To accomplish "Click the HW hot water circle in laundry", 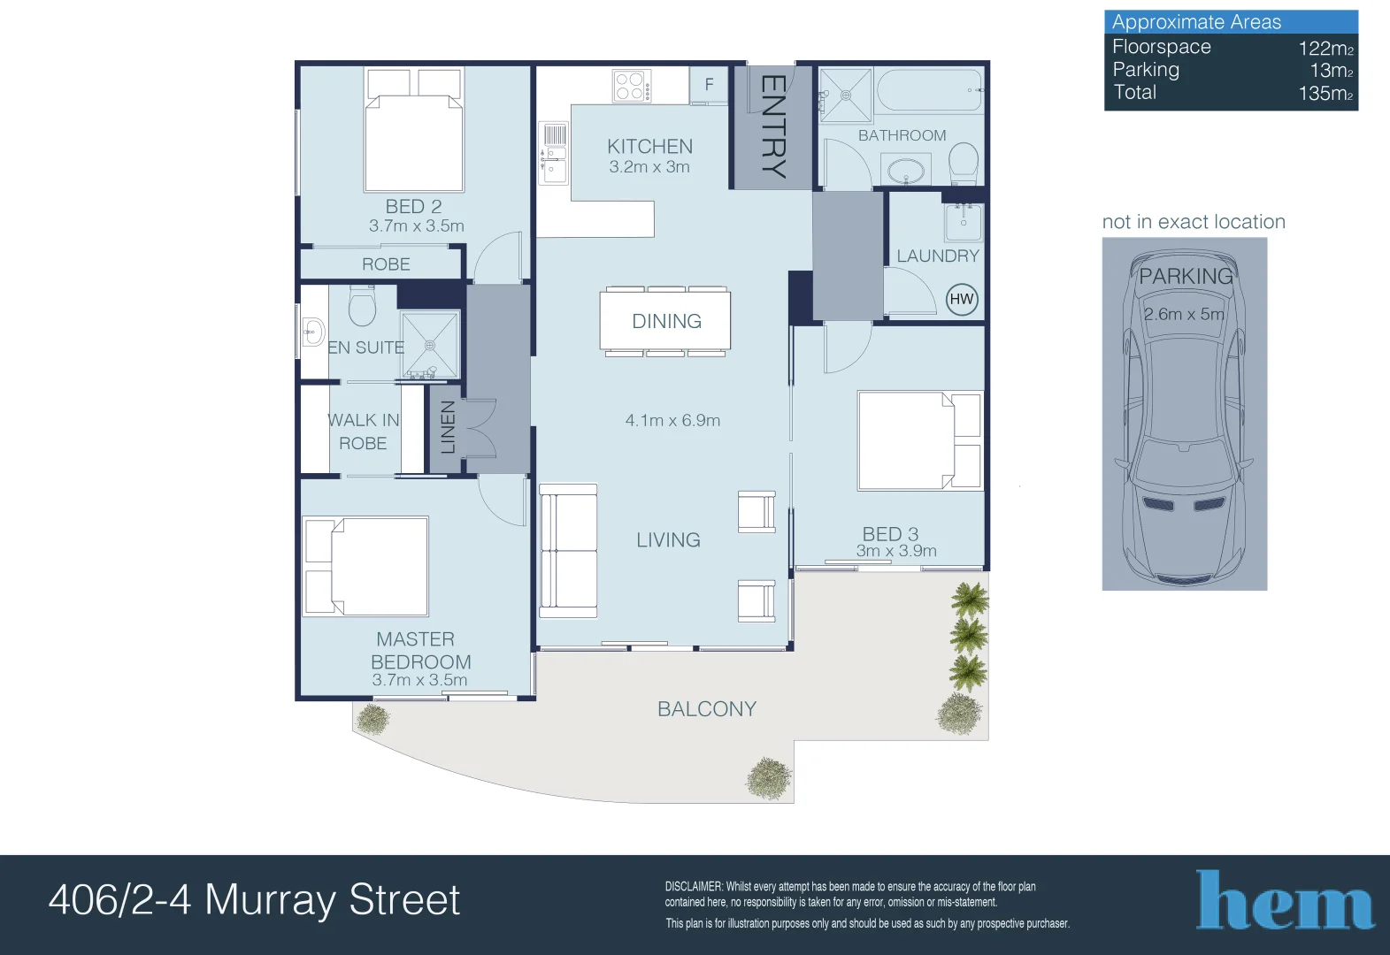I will click(961, 299).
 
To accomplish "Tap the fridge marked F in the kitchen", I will click(708, 85).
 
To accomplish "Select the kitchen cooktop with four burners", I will click(632, 86).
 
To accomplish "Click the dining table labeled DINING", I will click(665, 321).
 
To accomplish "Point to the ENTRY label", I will click(772, 126).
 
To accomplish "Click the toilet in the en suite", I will click(362, 306).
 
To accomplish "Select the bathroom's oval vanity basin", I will click(905, 170).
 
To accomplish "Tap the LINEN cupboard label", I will click(449, 427).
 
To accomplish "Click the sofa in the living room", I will click(568, 550).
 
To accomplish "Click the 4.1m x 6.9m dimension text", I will click(672, 421).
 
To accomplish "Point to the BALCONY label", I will click(706, 709).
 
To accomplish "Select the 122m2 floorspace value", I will click(1325, 49).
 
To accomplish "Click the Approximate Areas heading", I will click(1196, 22).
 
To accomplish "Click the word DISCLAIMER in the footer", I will click(694, 886).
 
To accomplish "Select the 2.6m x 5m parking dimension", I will click(1183, 314).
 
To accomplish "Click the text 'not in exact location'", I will click(1193, 222).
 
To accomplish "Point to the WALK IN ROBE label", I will click(363, 432).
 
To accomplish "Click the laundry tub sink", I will click(963, 222).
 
